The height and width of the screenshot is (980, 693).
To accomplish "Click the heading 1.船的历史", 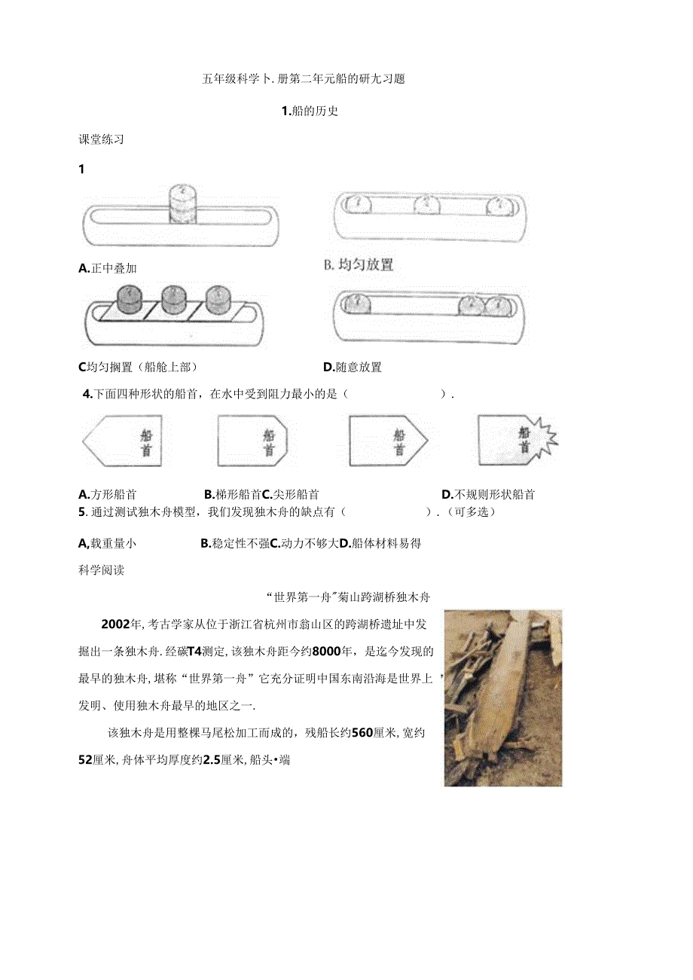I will tap(310, 111).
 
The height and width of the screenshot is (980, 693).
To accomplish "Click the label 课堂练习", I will tap(101, 139).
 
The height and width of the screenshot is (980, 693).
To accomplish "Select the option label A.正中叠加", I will tap(108, 268).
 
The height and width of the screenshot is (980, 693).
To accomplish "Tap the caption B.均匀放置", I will tap(359, 265).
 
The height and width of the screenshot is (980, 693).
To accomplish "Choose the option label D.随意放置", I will tap(353, 368).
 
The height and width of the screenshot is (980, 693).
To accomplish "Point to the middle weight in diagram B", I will tap(427, 203).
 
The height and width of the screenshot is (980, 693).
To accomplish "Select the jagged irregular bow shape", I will tap(517, 439).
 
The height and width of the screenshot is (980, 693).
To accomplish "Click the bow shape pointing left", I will tap(118, 441).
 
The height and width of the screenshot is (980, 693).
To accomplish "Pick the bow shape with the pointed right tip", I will tap(387, 441).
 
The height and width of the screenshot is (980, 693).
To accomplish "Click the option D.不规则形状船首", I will tap(488, 495).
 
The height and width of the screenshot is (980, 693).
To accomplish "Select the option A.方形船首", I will tap(108, 495).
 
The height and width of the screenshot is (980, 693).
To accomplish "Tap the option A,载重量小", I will tap(108, 543).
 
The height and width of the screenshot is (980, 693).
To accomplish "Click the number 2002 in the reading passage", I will tap(116, 624).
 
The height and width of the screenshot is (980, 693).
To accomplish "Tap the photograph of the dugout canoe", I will tap(502, 698).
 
